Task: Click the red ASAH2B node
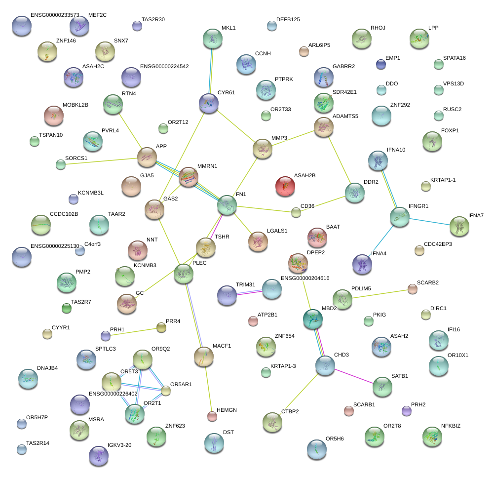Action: pos(285,186)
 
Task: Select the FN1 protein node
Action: pos(227,205)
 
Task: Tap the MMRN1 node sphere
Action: pos(189,177)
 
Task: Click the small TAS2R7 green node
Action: pos(67,308)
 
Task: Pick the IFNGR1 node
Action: pos(399,217)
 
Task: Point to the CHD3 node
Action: pos(325,365)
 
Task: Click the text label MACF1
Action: pos(222,346)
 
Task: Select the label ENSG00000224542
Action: pos(164,66)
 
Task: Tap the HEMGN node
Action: pos(212,416)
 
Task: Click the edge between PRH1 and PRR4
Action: pos(134,332)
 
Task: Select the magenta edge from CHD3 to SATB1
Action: pos(354,376)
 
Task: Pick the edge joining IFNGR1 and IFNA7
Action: pos(429,222)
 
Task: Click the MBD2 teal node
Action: pos(313,319)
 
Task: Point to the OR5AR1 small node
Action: pos(166,391)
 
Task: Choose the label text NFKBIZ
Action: pos(451,426)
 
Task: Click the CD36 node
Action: pos(296,212)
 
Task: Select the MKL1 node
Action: pos(213,39)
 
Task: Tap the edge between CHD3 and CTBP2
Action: pos(299,394)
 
